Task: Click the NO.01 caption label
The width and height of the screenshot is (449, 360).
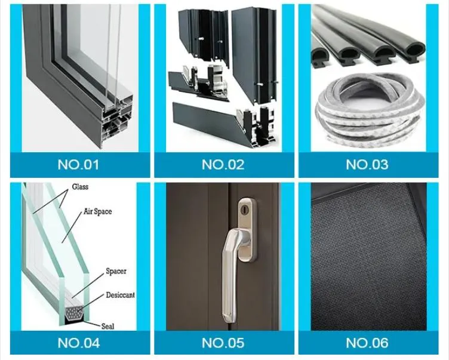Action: pyautogui.click(x=78, y=165)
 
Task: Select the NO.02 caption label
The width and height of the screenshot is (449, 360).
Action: pyautogui.click(x=223, y=165)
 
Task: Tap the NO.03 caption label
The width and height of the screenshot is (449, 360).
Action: pyautogui.click(x=367, y=164)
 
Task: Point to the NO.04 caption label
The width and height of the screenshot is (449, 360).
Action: pyautogui.click(x=79, y=343)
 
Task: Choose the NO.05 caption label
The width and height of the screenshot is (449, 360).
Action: pyautogui.click(x=223, y=343)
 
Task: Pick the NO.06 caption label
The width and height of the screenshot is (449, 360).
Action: pyautogui.click(x=367, y=343)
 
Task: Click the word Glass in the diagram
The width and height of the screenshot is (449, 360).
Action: pyautogui.click(x=80, y=187)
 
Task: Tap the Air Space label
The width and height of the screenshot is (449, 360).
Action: pyautogui.click(x=98, y=212)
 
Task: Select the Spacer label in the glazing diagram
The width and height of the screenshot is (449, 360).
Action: pyautogui.click(x=116, y=271)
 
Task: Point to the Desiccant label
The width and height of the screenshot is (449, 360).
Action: pyautogui.click(x=120, y=295)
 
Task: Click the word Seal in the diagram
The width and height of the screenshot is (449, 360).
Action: pyautogui.click(x=107, y=326)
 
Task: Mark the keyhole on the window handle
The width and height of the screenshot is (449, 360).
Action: pyautogui.click(x=244, y=210)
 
